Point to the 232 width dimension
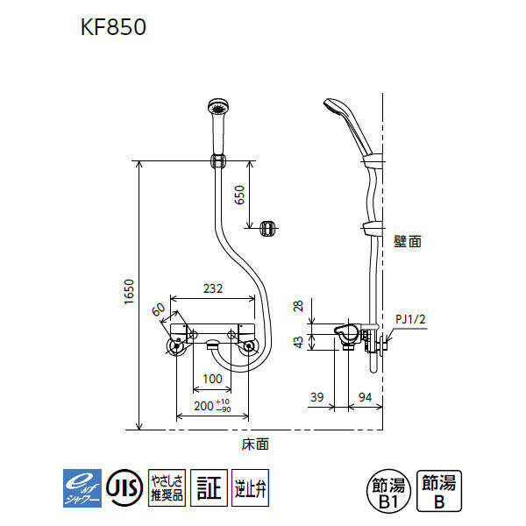tap(212, 288)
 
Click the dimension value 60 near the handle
tap(159, 309)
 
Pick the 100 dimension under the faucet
tap(212, 378)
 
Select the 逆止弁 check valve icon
tap(250, 485)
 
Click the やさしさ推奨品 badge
tap(166, 485)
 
